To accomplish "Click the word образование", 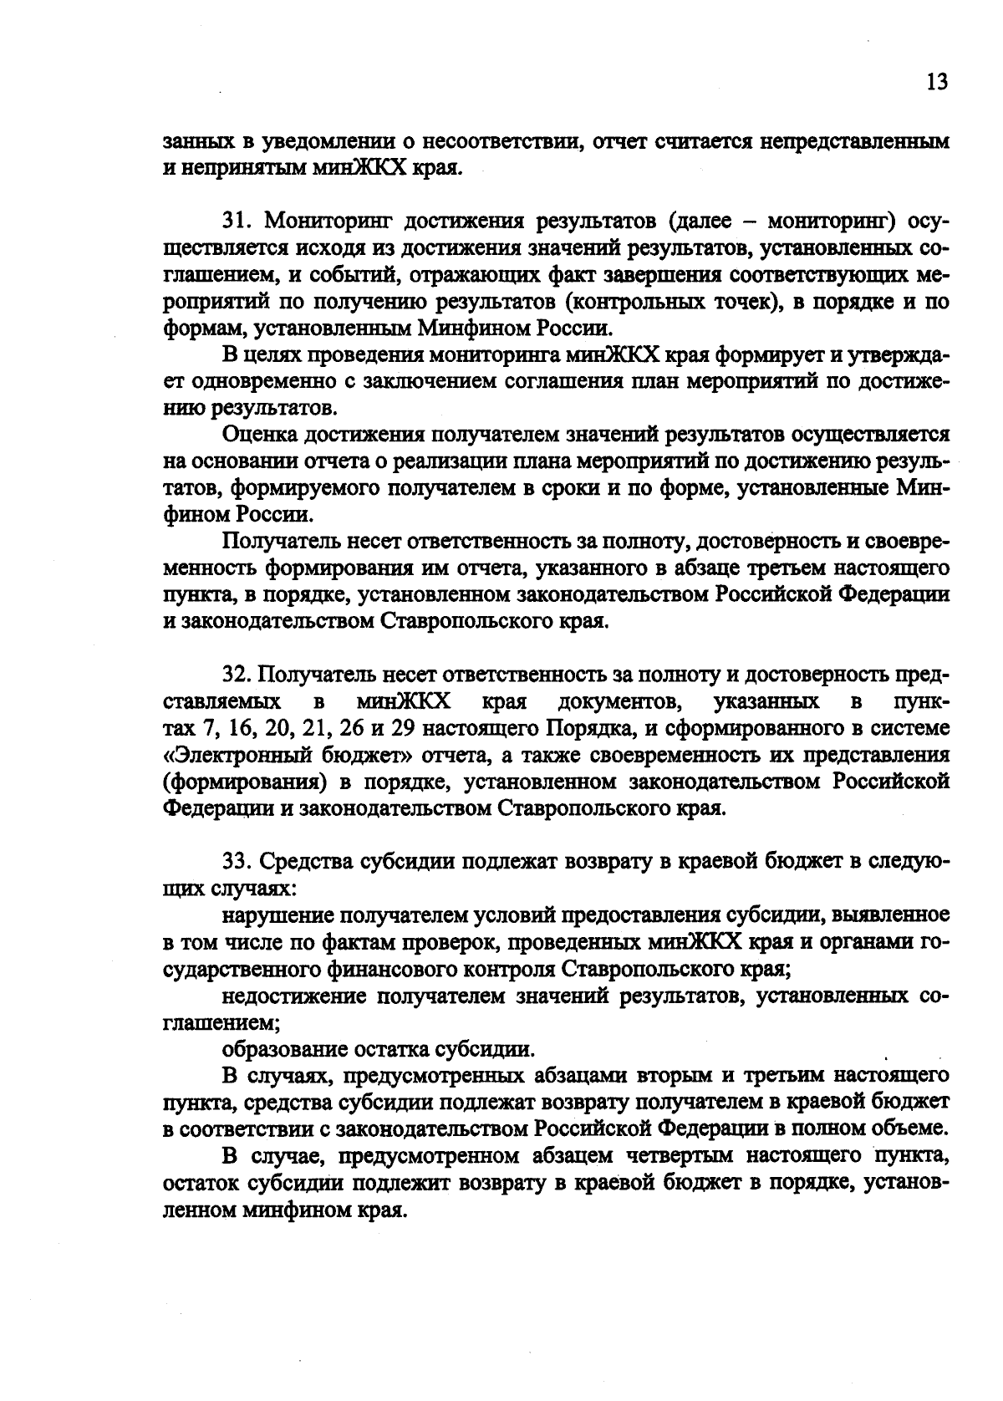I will point(283,1049).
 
